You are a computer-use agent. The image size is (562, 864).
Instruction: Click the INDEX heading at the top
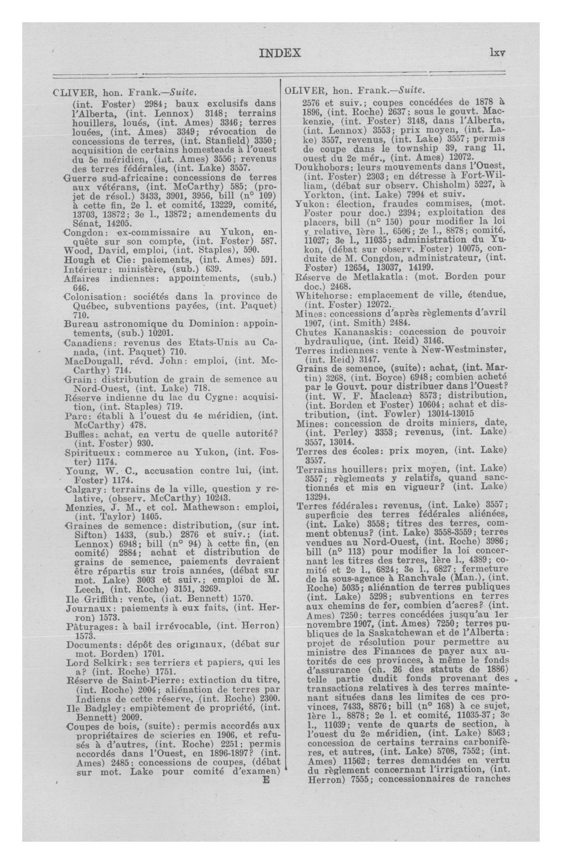280,53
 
